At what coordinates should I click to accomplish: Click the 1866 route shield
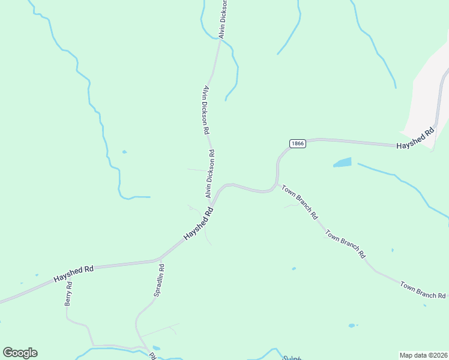tap(297, 143)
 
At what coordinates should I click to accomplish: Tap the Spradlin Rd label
tap(159, 281)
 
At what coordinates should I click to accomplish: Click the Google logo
tap(20, 353)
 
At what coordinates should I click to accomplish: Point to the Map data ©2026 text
tap(423, 355)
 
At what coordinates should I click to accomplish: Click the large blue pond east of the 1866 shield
tap(342, 163)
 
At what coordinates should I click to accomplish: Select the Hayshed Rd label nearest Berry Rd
tap(73, 274)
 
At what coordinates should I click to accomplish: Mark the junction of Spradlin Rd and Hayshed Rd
tap(160, 260)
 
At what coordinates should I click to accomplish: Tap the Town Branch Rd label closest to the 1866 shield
tap(299, 202)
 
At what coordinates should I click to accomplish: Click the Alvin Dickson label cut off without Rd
tap(223, 19)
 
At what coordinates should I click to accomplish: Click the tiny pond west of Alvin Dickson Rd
tap(124, 152)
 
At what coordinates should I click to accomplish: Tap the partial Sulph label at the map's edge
tap(291, 357)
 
